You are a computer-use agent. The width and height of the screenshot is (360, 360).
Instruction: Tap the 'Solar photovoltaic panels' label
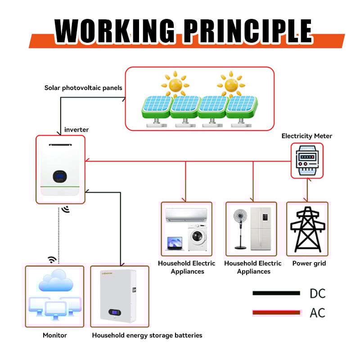83,88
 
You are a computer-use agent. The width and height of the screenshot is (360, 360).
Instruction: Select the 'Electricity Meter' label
307,136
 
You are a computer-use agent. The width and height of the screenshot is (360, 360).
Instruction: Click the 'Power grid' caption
309,263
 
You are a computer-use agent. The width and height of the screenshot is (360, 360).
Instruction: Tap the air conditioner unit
186,216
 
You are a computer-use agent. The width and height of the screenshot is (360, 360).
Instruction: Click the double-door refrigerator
261,229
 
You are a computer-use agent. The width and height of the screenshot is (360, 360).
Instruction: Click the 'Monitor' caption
55,335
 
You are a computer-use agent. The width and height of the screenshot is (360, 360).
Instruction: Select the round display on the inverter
59,176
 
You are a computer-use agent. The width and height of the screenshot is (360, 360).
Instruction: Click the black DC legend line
276,293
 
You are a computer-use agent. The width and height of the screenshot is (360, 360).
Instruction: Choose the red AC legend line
276,312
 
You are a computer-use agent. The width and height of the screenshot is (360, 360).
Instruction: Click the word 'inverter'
76,130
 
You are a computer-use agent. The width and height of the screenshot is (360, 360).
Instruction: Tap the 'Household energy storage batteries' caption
147,335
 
